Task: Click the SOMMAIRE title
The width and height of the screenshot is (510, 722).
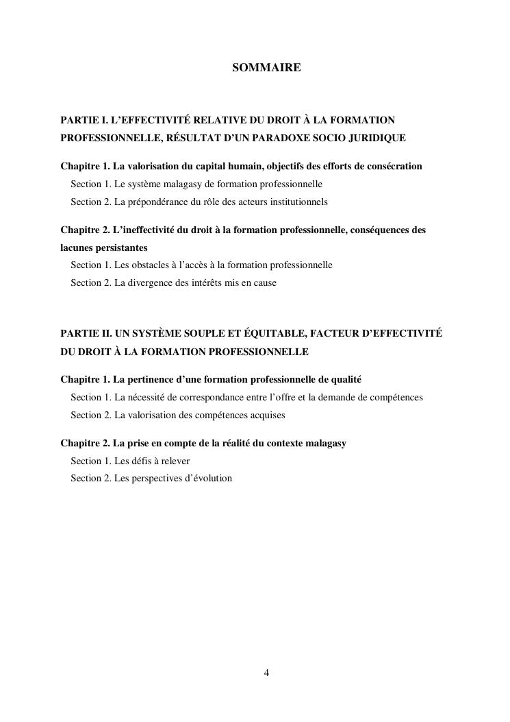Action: pos(266,68)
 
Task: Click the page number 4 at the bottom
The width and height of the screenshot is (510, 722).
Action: pos(266,673)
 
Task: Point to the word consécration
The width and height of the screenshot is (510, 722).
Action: pos(394,167)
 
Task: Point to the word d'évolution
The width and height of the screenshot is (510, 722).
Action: pos(209,479)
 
